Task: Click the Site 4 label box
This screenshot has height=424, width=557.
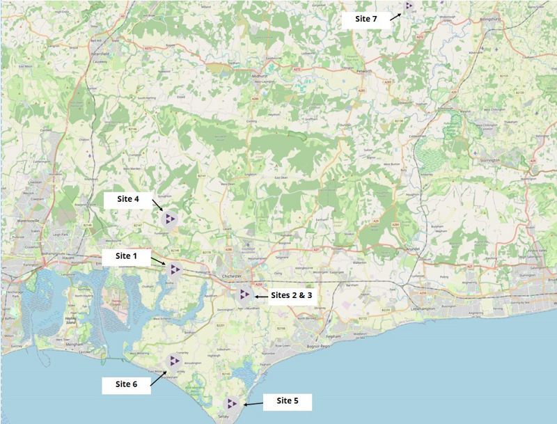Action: (x=127, y=199)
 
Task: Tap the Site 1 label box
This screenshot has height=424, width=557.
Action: (x=126, y=256)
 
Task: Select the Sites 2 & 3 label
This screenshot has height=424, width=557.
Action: (x=292, y=295)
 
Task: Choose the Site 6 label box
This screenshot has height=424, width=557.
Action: (x=126, y=384)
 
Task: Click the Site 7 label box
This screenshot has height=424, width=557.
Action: (x=366, y=19)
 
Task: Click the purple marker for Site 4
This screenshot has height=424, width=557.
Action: (x=169, y=219)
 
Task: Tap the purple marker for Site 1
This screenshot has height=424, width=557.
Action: (x=175, y=269)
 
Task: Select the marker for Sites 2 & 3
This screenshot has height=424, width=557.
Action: (x=244, y=295)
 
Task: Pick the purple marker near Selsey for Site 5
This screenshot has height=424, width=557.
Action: (x=232, y=403)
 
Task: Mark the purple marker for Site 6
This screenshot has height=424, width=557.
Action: (x=173, y=360)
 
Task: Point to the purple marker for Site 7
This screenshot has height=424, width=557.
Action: (x=409, y=6)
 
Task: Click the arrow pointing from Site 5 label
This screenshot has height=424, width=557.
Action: (x=254, y=403)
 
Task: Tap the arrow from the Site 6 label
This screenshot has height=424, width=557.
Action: (x=158, y=377)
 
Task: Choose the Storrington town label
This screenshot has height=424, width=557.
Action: (x=500, y=161)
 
